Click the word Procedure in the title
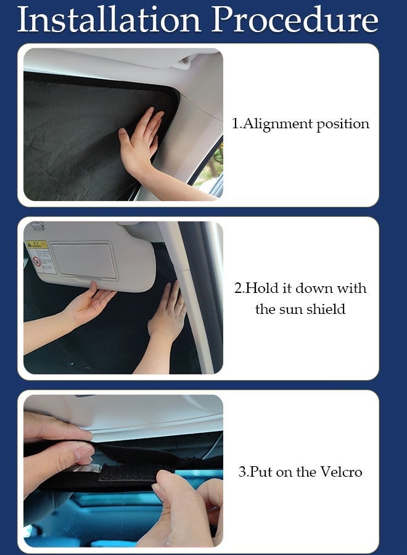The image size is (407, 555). tap(295, 20)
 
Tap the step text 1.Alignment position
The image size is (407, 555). tap(300, 123)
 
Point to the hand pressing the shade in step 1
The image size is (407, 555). tap(141, 142)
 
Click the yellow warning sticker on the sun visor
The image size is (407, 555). tap(36, 245)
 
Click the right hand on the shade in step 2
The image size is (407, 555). tap(166, 314)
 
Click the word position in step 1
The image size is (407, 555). tap(343, 123)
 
